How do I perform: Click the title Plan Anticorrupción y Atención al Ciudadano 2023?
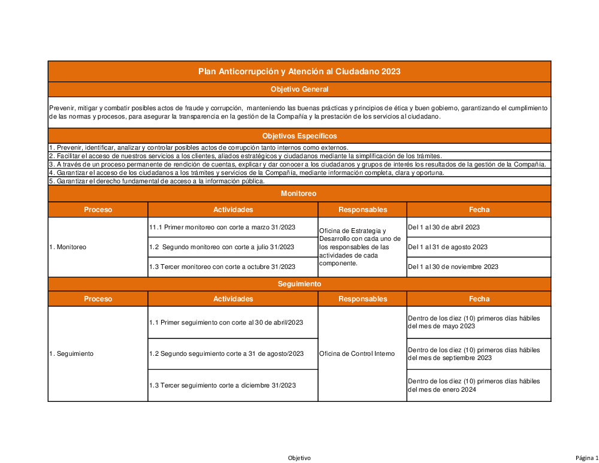tap(299, 71)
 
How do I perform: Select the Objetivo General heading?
tap(299, 89)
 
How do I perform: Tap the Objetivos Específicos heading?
tap(299, 136)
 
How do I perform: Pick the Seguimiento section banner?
tap(299, 283)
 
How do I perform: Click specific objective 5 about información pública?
tap(157, 181)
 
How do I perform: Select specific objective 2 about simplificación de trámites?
tap(246, 156)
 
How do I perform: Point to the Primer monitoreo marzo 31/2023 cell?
tap(222, 227)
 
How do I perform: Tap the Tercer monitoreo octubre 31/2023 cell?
tap(222, 267)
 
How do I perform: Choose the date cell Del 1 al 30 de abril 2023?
tap(443, 227)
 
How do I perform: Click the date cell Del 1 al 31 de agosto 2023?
tap(447, 247)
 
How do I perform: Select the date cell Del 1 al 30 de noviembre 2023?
tap(453, 267)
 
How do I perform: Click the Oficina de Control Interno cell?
tap(357, 353)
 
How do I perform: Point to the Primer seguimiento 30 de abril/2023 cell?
tap(226, 322)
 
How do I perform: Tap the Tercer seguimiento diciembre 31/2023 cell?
tap(222, 385)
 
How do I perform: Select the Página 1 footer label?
tap(586, 458)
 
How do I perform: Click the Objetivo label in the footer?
tap(299, 458)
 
